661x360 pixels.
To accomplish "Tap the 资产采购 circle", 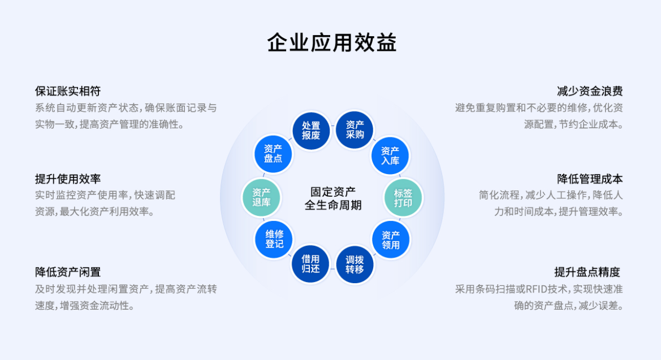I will click(355, 129).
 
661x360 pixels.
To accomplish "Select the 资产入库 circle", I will click(390, 155).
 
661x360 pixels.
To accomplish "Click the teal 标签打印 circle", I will click(403, 197).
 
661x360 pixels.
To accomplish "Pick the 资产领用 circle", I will click(391, 240).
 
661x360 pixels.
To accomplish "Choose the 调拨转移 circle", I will click(355, 264).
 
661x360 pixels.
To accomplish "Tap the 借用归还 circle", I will click(310, 264).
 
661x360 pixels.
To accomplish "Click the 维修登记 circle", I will click(274, 238).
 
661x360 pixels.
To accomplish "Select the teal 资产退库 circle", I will click(261, 197).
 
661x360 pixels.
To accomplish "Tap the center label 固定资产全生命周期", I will click(333, 198).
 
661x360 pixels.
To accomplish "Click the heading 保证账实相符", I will click(68, 91).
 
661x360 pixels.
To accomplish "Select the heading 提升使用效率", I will click(68, 179).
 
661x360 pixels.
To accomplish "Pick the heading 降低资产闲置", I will click(68, 272).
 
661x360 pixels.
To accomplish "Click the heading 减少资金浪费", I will click(590, 91).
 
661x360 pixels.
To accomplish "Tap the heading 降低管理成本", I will click(590, 179).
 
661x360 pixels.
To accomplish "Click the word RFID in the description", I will click(537, 289).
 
